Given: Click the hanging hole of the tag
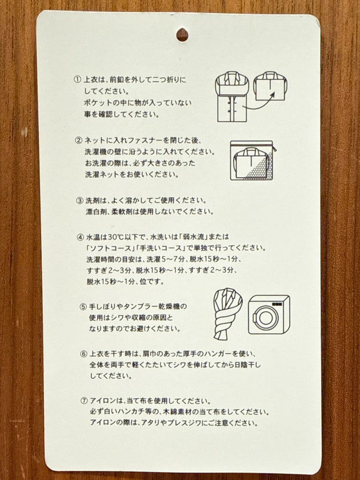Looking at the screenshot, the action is click(x=182, y=35).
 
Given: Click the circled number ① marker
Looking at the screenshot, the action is click(x=77, y=79).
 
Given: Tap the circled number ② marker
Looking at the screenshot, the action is click(x=79, y=141).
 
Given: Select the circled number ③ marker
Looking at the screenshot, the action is click(x=79, y=201).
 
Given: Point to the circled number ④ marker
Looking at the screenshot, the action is click(x=81, y=237).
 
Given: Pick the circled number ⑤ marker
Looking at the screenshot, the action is click(x=83, y=306).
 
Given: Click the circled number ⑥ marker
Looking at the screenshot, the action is click(x=84, y=354).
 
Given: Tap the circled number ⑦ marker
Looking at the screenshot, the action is click(x=84, y=401).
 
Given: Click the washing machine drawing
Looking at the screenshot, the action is click(x=269, y=314).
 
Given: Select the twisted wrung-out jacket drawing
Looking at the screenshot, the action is click(x=227, y=314).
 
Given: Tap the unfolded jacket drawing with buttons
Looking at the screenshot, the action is click(x=232, y=97).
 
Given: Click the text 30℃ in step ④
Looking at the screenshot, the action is click(x=117, y=237).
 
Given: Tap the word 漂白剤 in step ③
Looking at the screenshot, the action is click(x=94, y=212).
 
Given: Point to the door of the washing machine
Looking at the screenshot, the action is click(x=266, y=317).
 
